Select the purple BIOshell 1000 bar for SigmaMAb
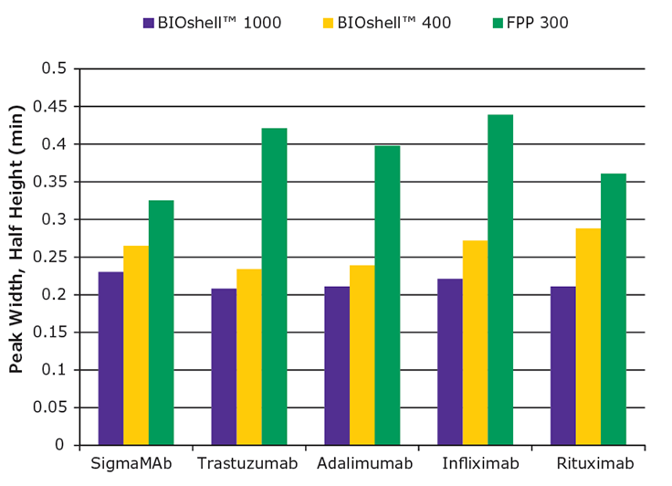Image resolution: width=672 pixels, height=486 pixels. (110, 358)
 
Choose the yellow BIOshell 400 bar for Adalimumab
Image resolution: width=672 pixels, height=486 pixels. (362, 355)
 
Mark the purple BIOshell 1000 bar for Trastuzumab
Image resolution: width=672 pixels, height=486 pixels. (224, 367)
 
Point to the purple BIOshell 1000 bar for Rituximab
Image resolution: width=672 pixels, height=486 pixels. (563, 365)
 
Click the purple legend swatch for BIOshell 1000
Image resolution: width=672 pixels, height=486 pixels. (149, 23)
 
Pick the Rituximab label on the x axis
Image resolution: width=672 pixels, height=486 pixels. (588, 465)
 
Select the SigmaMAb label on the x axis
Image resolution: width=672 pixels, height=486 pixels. (135, 465)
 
